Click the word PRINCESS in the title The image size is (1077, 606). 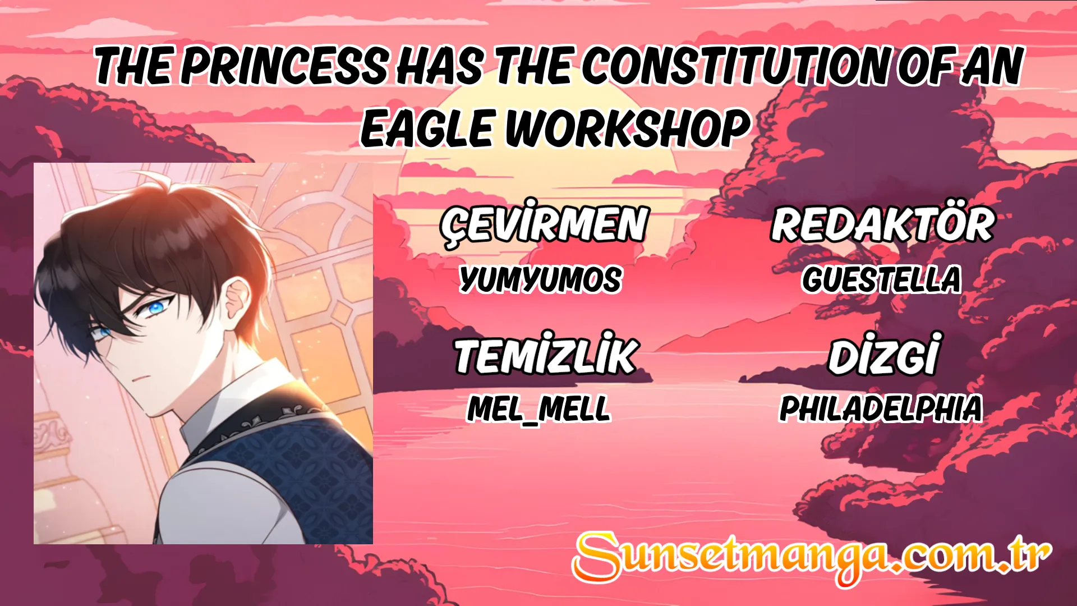(284, 66)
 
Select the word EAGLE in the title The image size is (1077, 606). (426, 128)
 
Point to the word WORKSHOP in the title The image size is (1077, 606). (628, 128)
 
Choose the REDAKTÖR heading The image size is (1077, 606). (882, 224)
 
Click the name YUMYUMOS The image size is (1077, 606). (540, 279)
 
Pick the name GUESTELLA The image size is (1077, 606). (881, 279)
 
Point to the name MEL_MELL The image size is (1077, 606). (538, 408)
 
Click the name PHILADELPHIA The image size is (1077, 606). (881, 408)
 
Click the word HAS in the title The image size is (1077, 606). (439, 66)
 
